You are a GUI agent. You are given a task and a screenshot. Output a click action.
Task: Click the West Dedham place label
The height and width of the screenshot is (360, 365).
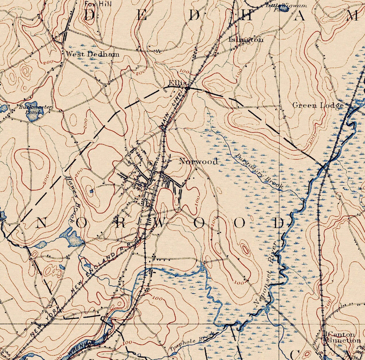point(92,54)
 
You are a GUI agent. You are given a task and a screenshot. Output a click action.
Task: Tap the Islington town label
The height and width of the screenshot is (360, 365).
point(246,40)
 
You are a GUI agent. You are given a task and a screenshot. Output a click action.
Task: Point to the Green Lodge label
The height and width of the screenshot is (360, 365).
point(318,105)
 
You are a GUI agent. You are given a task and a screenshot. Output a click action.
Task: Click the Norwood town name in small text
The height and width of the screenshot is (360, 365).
point(198,161)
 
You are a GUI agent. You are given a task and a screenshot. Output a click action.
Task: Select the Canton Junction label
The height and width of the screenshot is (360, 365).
point(344,338)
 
